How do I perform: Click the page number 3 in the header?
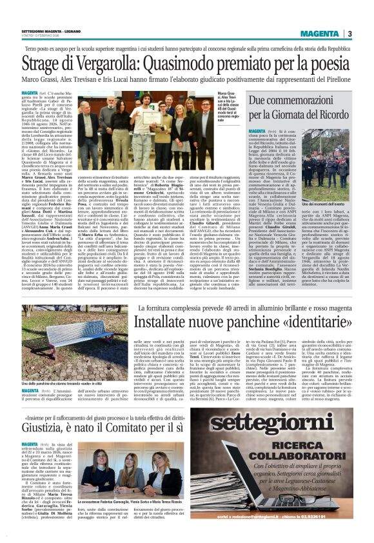[x=349, y=34]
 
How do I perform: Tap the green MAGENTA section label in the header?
[x=321, y=34]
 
